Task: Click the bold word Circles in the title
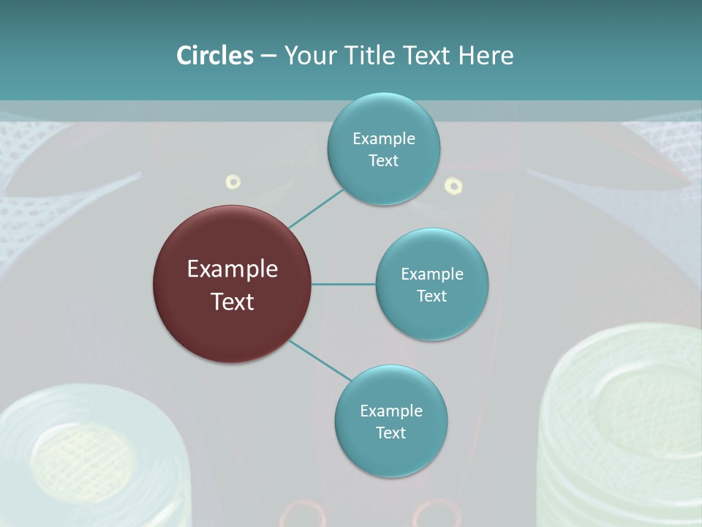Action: click(x=214, y=56)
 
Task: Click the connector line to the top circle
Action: click(x=315, y=208)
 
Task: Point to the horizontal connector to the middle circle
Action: click(x=343, y=284)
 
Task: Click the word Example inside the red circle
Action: click(x=232, y=269)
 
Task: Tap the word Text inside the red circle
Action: click(x=232, y=302)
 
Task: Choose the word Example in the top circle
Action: click(x=383, y=139)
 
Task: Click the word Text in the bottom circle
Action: click(x=390, y=433)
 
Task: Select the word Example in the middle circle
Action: click(x=431, y=274)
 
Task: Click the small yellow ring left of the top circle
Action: click(x=233, y=182)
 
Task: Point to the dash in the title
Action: click(x=268, y=56)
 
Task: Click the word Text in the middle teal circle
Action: click(x=431, y=296)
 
